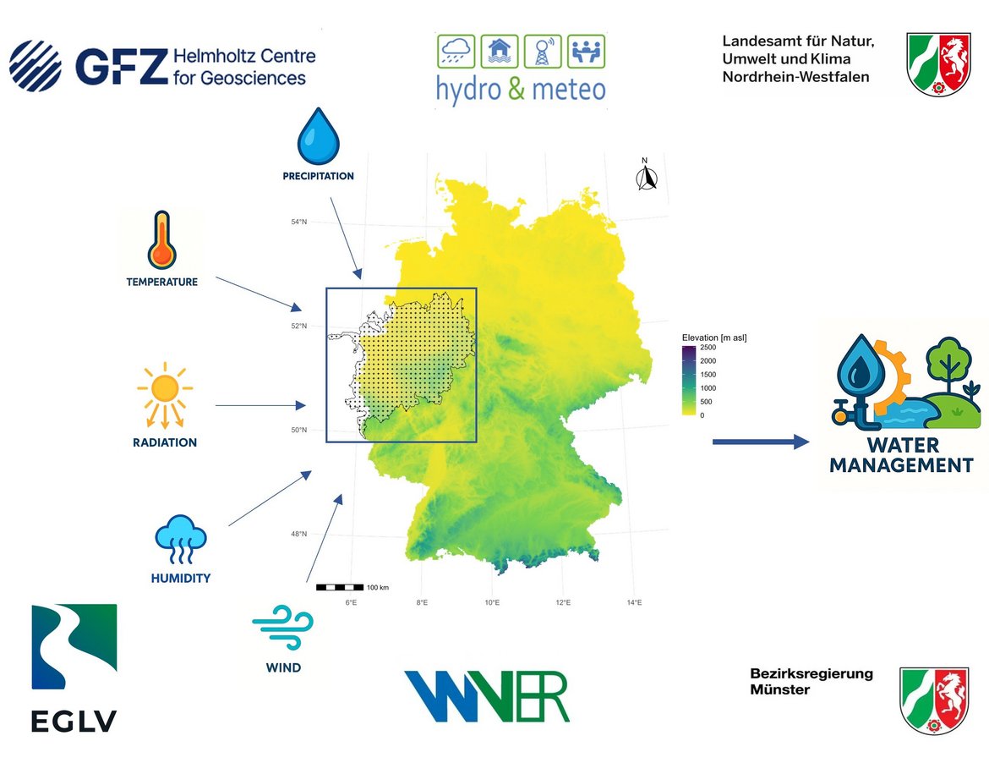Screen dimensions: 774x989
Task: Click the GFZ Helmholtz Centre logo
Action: pos(161,66)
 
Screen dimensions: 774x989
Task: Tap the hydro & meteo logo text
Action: pos(521,88)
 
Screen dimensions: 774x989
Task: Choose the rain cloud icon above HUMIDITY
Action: pos(180,539)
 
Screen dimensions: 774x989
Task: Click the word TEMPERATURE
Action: pos(161,282)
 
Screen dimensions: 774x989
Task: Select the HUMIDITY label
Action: pos(180,579)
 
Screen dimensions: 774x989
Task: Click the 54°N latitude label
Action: pos(298,222)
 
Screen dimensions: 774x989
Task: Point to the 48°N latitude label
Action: pos(298,534)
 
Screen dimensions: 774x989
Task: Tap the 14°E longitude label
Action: pos(635,603)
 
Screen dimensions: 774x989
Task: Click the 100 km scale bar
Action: pos(339,587)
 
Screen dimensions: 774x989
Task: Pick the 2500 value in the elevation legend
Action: pos(709,348)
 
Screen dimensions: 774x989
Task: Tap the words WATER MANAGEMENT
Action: pos(901,455)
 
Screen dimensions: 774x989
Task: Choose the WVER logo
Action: pos(486,696)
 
